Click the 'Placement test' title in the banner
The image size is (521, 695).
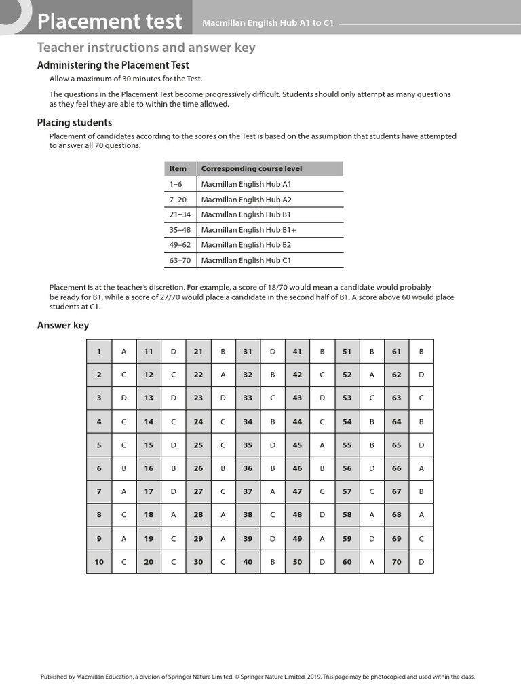(x=110, y=21)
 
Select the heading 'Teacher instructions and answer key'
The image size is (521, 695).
(x=146, y=48)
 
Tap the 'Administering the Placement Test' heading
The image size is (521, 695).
(x=112, y=65)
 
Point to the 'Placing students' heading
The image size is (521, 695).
(x=75, y=123)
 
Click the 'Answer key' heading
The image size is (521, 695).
(x=63, y=326)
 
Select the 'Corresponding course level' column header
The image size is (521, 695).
(x=252, y=168)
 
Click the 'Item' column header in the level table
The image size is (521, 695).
(x=178, y=168)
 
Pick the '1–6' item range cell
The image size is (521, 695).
(x=176, y=184)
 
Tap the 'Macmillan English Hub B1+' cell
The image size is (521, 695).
(x=248, y=229)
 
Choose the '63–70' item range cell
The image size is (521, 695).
(x=178, y=260)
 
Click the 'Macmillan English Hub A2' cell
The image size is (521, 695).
(x=246, y=199)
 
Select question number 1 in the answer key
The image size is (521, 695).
(x=99, y=351)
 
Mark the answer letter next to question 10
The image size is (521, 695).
(x=123, y=561)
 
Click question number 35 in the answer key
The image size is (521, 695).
(x=248, y=445)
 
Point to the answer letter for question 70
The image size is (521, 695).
(x=421, y=561)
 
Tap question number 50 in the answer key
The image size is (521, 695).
(x=297, y=561)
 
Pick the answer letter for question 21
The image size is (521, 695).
(x=223, y=351)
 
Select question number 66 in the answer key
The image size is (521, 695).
(x=396, y=468)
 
